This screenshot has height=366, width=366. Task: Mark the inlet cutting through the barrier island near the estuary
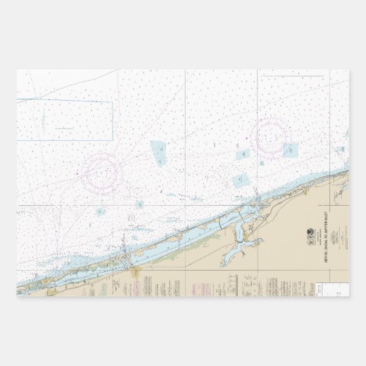click(257, 201)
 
